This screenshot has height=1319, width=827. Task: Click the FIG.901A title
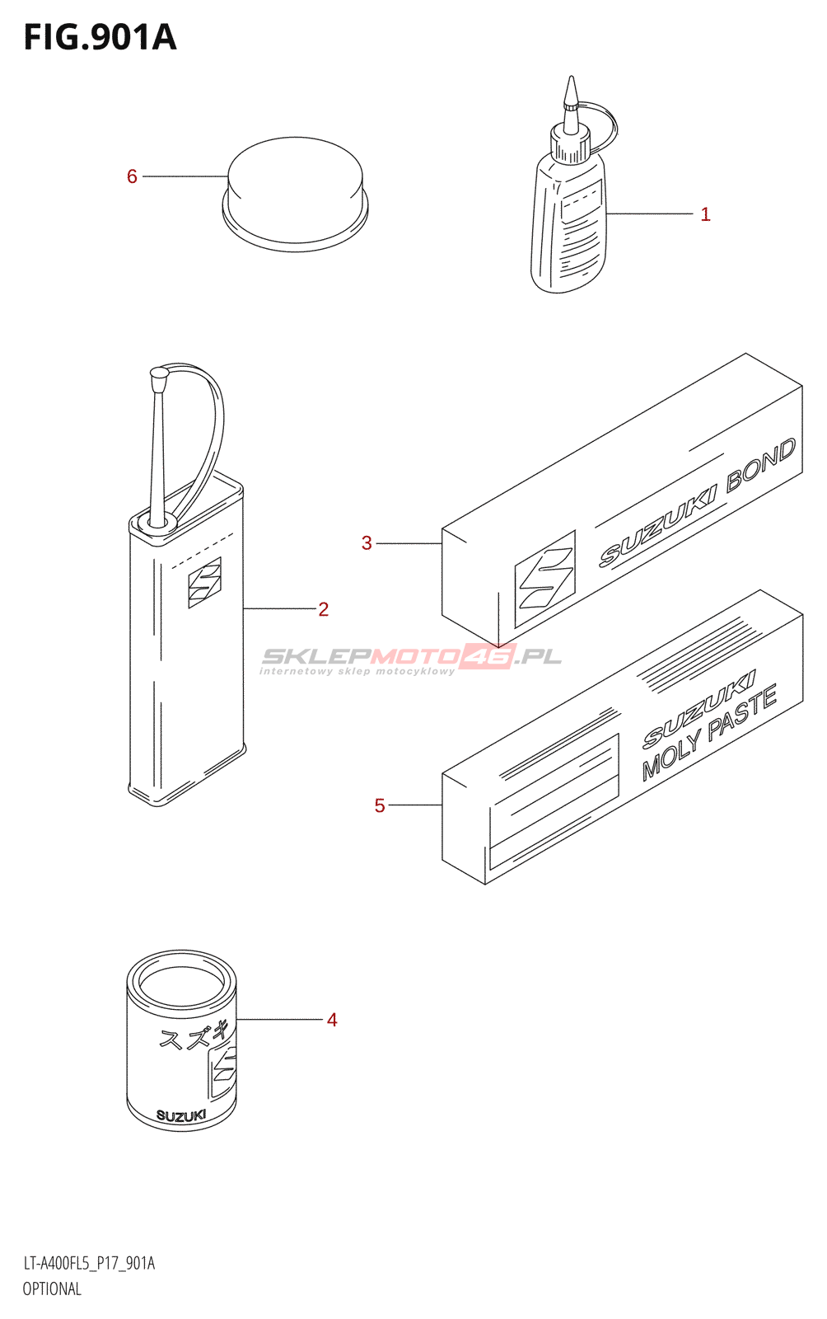(x=100, y=38)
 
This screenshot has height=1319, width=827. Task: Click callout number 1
(x=705, y=214)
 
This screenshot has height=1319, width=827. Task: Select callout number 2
(x=323, y=609)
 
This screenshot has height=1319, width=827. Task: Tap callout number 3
(x=367, y=543)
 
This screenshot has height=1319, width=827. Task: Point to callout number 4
(x=332, y=1020)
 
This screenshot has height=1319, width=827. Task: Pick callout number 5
(x=380, y=805)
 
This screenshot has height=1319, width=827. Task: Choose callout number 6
(x=132, y=176)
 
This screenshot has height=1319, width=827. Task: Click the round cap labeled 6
(x=295, y=195)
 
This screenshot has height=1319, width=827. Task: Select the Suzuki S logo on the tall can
(x=204, y=583)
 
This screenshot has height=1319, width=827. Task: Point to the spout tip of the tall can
(x=159, y=374)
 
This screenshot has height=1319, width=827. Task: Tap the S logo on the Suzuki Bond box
(x=544, y=580)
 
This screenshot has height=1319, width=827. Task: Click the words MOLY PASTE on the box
(x=709, y=733)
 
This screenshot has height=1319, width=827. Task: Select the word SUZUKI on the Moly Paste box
(x=698, y=708)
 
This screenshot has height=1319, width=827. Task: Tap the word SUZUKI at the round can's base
(x=180, y=1116)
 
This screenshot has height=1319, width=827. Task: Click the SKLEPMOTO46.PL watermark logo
(x=411, y=657)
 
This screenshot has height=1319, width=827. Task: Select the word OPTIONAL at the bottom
(x=52, y=1289)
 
